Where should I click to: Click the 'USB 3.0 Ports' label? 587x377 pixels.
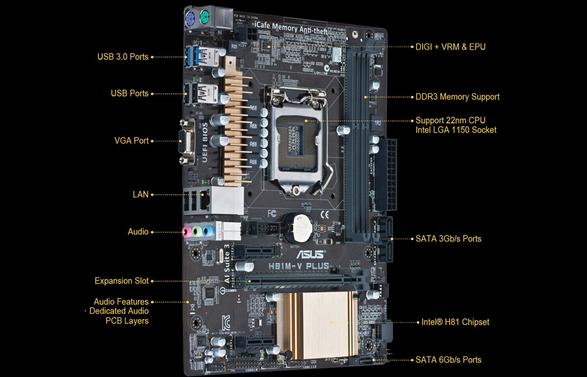pos(123,56)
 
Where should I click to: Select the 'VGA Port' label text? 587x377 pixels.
pos(131,141)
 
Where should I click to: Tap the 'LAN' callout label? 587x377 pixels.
pos(140,194)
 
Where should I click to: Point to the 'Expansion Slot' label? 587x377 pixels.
pos(122,281)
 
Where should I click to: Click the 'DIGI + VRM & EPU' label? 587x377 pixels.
pos(451,47)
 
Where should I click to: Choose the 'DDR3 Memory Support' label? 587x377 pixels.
pos(457,97)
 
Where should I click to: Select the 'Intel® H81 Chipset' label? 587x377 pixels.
pos(456,322)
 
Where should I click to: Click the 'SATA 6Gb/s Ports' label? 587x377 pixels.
pos(448,360)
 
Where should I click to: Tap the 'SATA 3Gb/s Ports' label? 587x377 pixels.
pos(448,238)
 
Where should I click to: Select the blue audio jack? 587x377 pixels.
pos(209,231)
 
